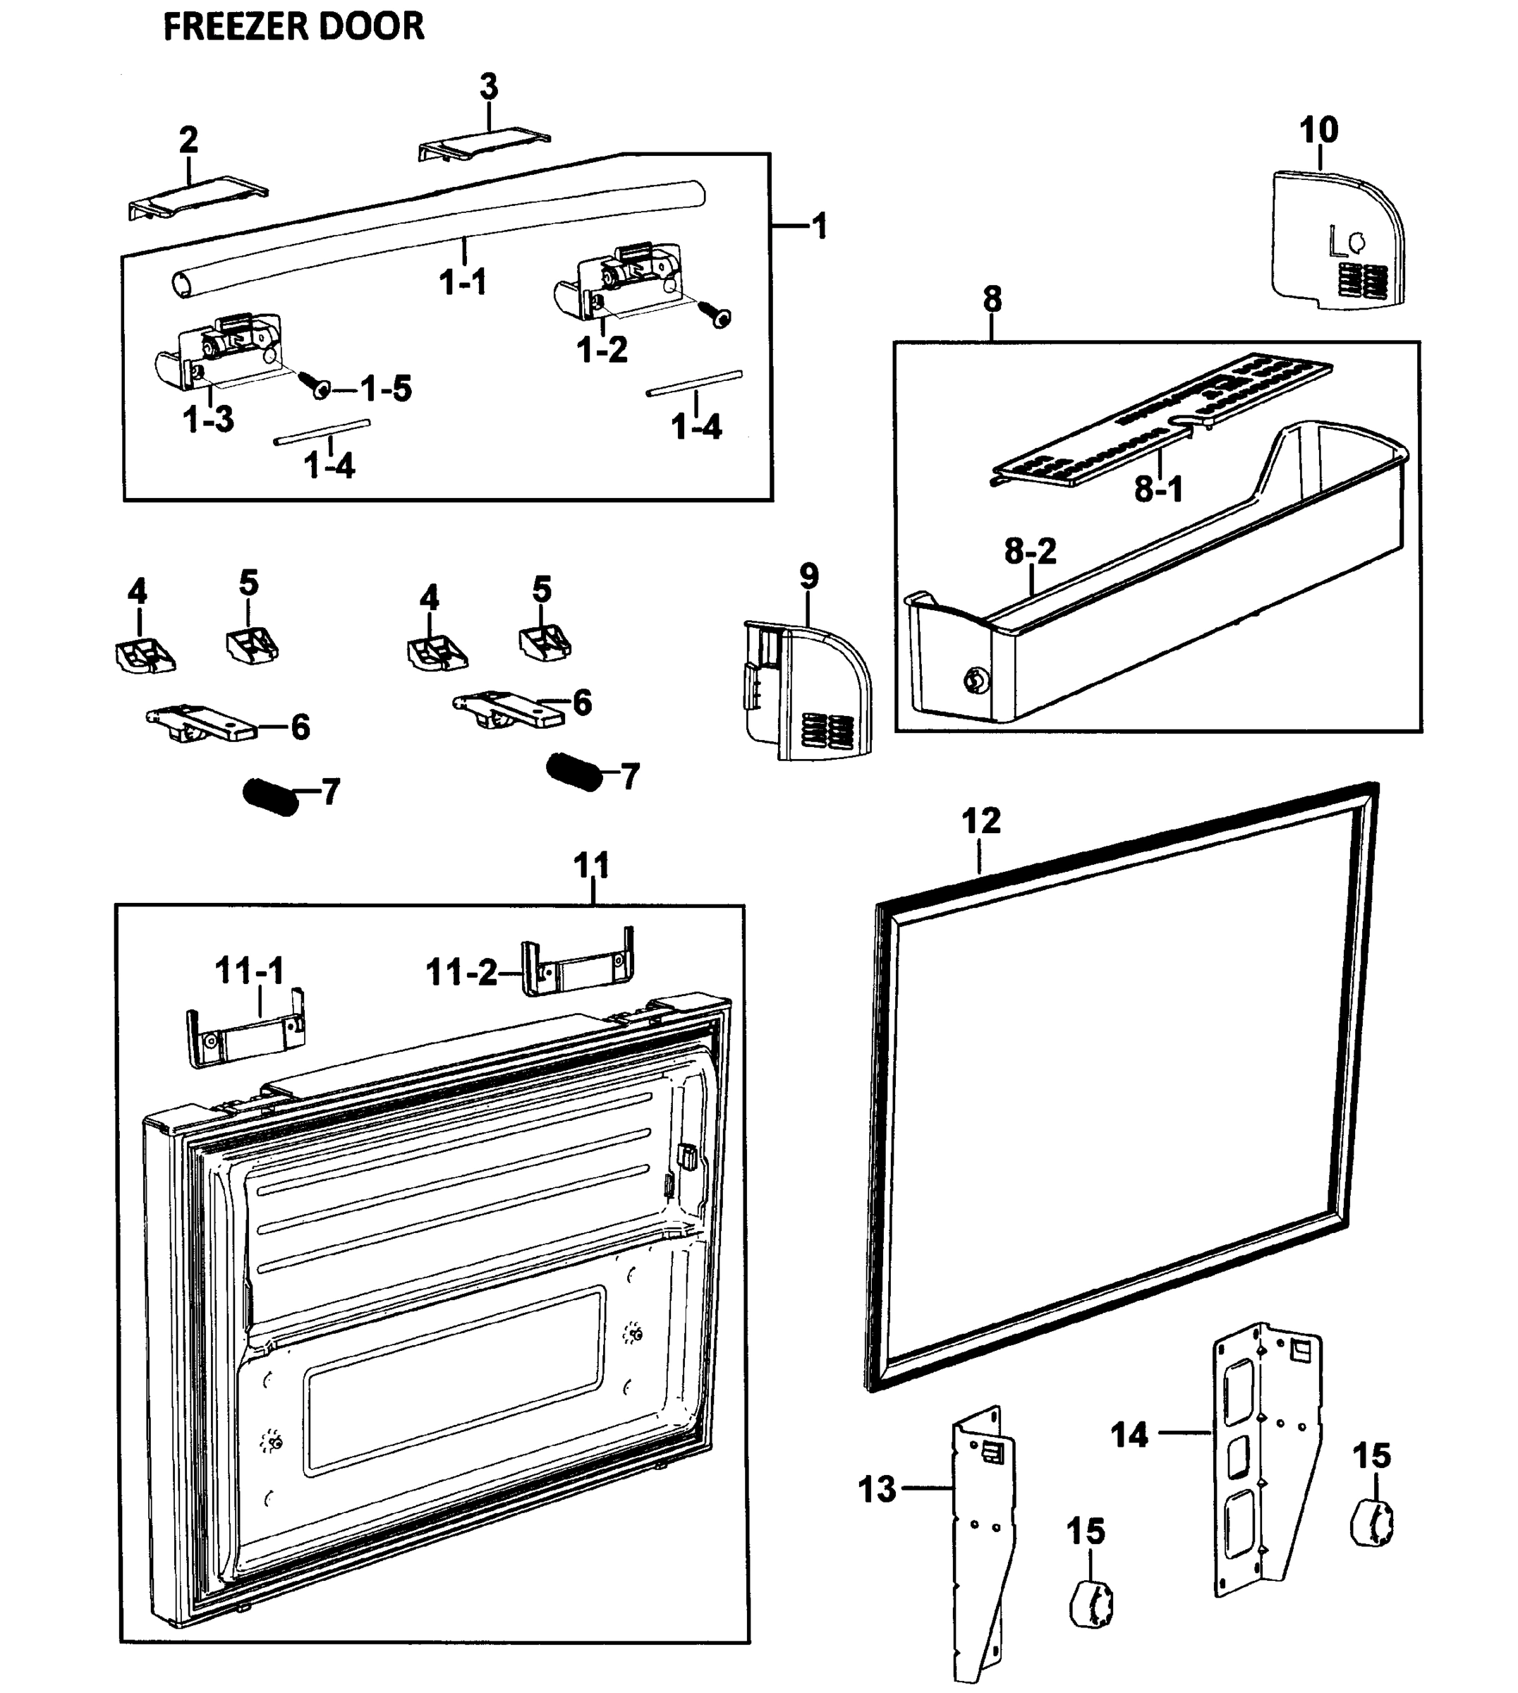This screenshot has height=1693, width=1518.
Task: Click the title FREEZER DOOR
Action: coord(293,27)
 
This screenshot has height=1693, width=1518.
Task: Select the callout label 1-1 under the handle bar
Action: coord(463,282)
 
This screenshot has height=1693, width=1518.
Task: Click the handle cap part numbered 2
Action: coord(198,198)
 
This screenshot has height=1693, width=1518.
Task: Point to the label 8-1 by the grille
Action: coord(1158,489)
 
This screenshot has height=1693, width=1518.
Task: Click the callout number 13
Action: coord(877,1488)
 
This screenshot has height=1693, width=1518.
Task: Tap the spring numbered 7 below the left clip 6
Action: coord(270,796)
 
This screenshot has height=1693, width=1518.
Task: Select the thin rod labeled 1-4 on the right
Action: coord(694,383)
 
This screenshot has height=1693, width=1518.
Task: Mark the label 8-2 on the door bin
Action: coord(1030,550)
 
